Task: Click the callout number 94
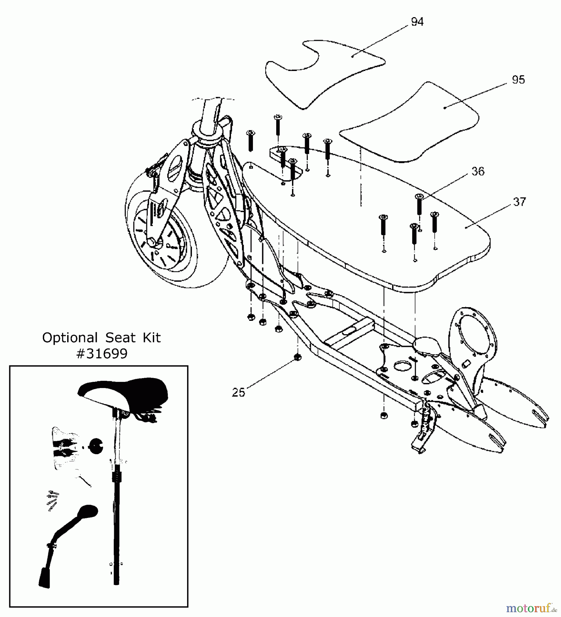(x=417, y=22)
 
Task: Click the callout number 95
(x=518, y=80)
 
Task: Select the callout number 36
(x=478, y=171)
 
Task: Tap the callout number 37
(x=519, y=202)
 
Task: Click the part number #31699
(x=102, y=353)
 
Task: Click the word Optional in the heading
(x=70, y=338)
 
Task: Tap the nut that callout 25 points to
(x=298, y=358)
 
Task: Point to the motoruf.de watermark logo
(x=531, y=608)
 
